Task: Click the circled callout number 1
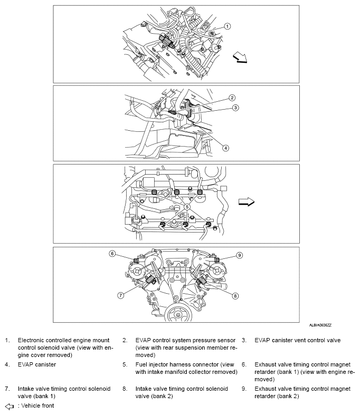228,26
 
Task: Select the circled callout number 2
231,98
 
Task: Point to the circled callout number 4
225,148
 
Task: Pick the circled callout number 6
112,254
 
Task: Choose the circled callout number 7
121,295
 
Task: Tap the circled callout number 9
239,255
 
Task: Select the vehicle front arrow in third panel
246,201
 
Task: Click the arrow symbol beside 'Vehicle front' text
9,407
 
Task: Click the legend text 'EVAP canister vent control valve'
298,341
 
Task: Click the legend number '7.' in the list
7,389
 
